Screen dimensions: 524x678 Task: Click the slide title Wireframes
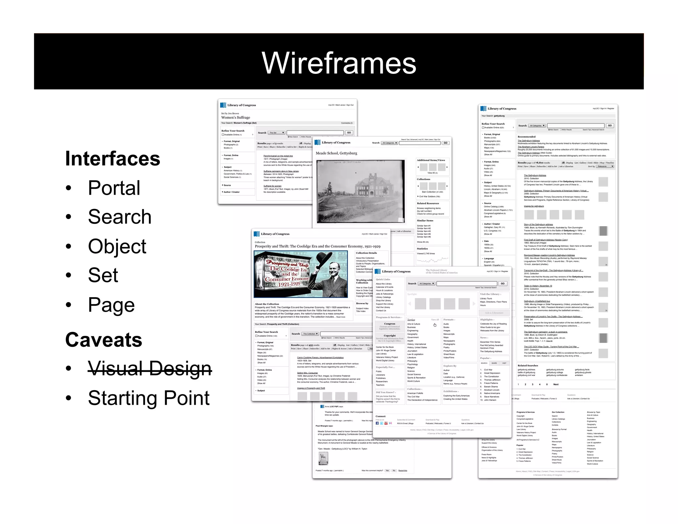(x=339, y=63)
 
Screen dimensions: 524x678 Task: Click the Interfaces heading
(x=113, y=158)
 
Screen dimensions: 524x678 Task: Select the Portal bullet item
(x=114, y=188)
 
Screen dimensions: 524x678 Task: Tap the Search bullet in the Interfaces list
(x=120, y=217)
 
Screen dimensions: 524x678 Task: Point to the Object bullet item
(x=117, y=246)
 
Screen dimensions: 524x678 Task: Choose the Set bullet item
(x=103, y=275)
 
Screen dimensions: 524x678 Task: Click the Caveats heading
(x=104, y=340)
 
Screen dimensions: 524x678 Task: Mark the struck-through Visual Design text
(x=150, y=368)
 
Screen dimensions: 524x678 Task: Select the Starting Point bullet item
(x=149, y=398)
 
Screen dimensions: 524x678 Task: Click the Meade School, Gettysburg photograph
(x=361, y=191)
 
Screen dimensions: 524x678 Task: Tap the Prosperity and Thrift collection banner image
(x=301, y=274)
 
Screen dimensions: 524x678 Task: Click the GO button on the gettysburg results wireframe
(x=610, y=126)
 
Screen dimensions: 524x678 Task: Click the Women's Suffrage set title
(x=236, y=118)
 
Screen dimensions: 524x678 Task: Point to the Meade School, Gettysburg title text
(x=336, y=153)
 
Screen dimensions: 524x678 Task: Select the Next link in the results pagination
(x=556, y=385)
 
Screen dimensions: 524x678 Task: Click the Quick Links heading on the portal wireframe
(x=383, y=279)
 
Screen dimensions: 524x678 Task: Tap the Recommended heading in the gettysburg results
(x=526, y=136)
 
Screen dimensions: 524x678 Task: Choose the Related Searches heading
(x=528, y=366)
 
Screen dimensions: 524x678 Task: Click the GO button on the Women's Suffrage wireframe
(x=349, y=132)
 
